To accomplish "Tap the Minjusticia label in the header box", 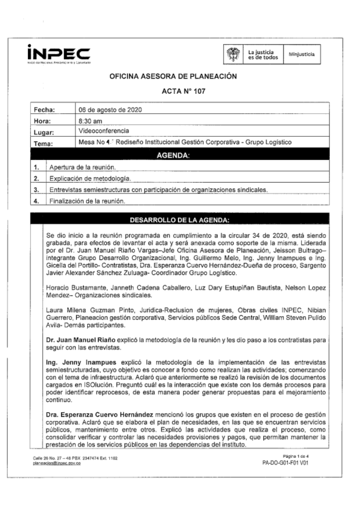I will (x=301, y=54).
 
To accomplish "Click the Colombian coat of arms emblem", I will (x=233, y=54).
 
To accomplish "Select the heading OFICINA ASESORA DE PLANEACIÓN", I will (x=173, y=76).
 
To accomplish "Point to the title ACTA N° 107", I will (x=184, y=91).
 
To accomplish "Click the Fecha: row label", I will (x=44, y=110).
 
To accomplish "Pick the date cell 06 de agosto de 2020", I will (x=110, y=110).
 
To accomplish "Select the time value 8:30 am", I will (x=90, y=121).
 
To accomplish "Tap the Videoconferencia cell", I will (x=104, y=131).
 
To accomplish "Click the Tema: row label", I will (x=43, y=144).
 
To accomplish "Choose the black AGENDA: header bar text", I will (x=173, y=155).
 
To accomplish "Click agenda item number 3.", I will (x=36, y=190).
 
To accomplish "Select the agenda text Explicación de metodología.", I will (x=90, y=179).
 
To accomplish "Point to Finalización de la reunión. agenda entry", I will (x=87, y=201).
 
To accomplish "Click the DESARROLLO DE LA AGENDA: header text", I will (x=179, y=220).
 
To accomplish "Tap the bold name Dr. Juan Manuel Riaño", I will (x=81, y=340).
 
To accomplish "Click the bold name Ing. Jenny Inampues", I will (x=81, y=362).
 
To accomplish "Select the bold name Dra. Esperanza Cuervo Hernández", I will (x=100, y=415).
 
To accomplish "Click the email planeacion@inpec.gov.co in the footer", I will (x=57, y=463).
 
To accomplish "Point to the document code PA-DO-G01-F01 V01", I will (x=285, y=463).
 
